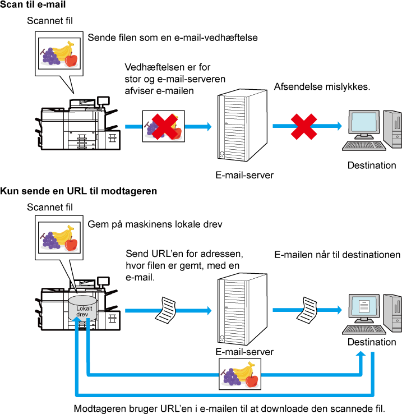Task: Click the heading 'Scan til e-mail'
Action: pyautogui.click(x=33, y=4)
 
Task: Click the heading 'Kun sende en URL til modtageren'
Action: pyautogui.click(x=78, y=191)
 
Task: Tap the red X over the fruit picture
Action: pyautogui.click(x=165, y=126)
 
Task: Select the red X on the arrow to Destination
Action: pyautogui.click(x=304, y=126)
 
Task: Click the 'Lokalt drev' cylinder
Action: pyautogui.click(x=82, y=308)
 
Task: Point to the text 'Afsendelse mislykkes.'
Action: pyautogui.click(x=322, y=86)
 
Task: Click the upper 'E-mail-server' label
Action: pyautogui.click(x=244, y=175)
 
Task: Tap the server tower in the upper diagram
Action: pyautogui.click(x=242, y=125)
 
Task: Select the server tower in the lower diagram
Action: pyautogui.click(x=242, y=309)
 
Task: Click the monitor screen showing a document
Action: pyautogui.click(x=364, y=306)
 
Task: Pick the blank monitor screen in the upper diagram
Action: pyautogui.click(x=364, y=122)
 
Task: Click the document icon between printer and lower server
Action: pyautogui.click(x=166, y=310)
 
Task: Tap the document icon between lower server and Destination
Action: pyautogui.click(x=307, y=310)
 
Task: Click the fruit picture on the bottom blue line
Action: pyautogui.click(x=240, y=374)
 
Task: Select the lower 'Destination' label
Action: pyautogui.click(x=372, y=342)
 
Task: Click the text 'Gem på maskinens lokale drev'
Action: pyautogui.click(x=155, y=224)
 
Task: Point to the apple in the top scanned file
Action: pyautogui.click(x=71, y=59)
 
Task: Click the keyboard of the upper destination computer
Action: pyautogui.click(x=364, y=145)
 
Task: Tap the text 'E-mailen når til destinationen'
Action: pyautogui.click(x=338, y=255)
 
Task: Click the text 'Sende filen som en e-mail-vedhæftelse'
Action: pyautogui.click(x=173, y=38)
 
